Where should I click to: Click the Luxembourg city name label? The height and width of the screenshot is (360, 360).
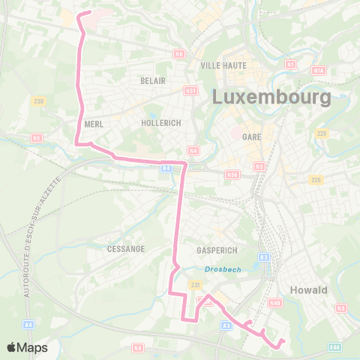[x=271, y=97]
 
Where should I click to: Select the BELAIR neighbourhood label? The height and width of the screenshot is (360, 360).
[x=152, y=80]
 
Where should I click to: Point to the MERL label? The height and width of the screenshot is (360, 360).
[x=94, y=124]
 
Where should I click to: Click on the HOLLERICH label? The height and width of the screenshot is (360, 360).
[x=161, y=123]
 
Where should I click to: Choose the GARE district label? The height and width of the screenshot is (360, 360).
[x=251, y=137]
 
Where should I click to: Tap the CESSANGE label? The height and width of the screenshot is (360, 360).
[x=125, y=248]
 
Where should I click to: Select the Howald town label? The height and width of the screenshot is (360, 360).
[x=309, y=290]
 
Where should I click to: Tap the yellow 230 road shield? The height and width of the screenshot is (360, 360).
[x=39, y=101]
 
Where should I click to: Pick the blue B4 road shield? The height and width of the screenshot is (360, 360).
[x=166, y=169]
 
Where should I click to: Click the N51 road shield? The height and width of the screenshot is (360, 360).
[x=190, y=91]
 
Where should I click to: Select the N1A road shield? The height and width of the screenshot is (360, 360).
[x=318, y=70]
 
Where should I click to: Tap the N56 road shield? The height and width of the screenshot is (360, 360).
[x=232, y=174]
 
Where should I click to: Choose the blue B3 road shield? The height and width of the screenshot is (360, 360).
[x=263, y=256]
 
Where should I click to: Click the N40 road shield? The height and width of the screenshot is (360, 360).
[x=274, y=303]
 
